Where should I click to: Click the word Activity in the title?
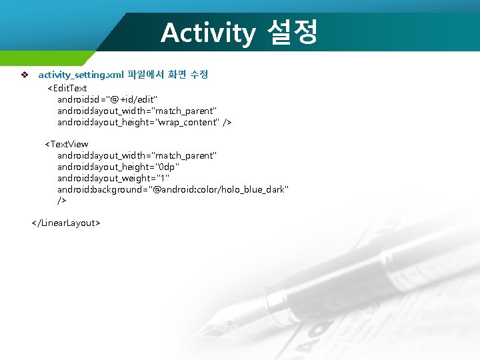coord(207,32)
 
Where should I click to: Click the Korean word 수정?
coord(199,75)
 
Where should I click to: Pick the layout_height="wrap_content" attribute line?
coord(144,122)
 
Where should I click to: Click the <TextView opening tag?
coord(66,144)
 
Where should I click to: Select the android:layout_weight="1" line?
coord(113,178)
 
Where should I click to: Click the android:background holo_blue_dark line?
coord(173,189)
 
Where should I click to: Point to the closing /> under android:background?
coord(62,200)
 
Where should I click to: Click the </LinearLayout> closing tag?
coord(66,223)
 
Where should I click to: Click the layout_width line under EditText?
coord(137,111)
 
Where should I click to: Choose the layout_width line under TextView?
coord(137,155)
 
